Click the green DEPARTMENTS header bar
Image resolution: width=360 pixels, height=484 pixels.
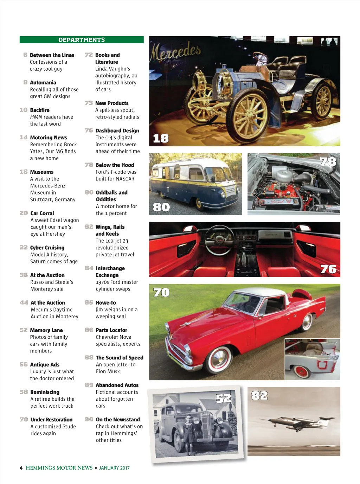tap(82, 40)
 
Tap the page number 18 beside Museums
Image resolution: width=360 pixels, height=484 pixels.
tap(24, 172)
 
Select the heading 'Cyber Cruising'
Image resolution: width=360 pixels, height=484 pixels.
tap(47, 248)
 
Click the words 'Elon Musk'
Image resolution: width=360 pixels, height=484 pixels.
tap(108, 371)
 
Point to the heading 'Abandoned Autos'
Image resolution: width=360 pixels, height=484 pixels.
tap(117, 385)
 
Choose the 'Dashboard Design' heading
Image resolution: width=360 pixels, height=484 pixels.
tap(117, 130)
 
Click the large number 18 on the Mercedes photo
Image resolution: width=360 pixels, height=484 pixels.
tap(161, 139)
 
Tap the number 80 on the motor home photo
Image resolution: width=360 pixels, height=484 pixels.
tap(161, 207)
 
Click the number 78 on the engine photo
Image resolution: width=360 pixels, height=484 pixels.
tap(328, 162)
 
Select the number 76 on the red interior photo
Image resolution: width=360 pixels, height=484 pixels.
tap(328, 269)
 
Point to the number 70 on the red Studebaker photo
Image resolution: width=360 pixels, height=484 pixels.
tap(161, 293)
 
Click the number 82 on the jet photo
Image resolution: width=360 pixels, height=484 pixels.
tap(259, 396)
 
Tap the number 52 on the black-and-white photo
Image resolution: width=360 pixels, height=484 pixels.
tap(224, 399)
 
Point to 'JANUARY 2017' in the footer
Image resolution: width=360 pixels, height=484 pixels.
tap(114, 468)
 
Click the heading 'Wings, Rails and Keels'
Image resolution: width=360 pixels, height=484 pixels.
tap(110, 230)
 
